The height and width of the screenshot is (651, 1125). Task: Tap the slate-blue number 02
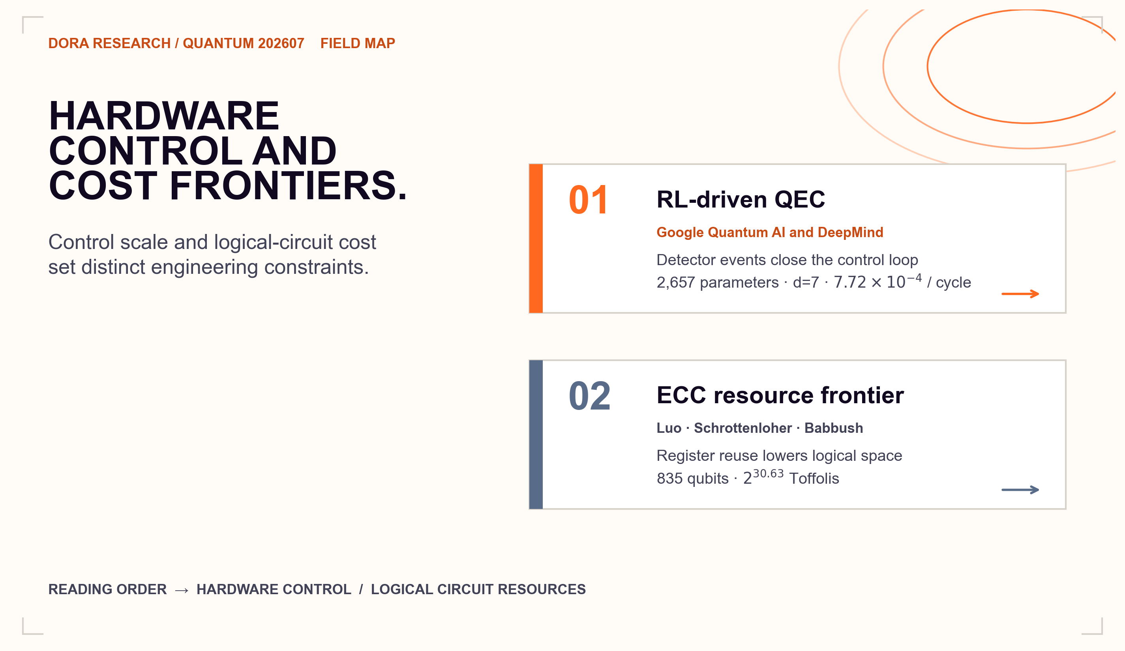(x=590, y=396)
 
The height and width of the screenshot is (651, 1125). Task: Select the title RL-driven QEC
(x=741, y=200)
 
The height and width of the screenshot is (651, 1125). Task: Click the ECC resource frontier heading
(x=780, y=395)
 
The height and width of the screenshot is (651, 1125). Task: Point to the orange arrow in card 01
(x=1020, y=294)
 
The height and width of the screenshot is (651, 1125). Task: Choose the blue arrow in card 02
(x=1020, y=490)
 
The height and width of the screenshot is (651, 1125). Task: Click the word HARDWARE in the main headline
(x=164, y=116)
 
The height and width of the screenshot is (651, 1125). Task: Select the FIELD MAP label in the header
(x=358, y=43)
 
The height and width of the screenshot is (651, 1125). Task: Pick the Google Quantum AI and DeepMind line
(x=770, y=232)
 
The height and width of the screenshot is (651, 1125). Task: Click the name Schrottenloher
(x=743, y=428)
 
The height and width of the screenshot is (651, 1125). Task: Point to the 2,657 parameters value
(x=717, y=282)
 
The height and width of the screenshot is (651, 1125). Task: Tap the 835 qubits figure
(x=692, y=478)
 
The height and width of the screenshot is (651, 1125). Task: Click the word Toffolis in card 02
(x=814, y=478)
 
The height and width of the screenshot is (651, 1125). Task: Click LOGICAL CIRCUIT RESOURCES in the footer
(x=478, y=589)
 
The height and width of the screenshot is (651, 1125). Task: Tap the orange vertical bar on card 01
(x=536, y=239)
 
